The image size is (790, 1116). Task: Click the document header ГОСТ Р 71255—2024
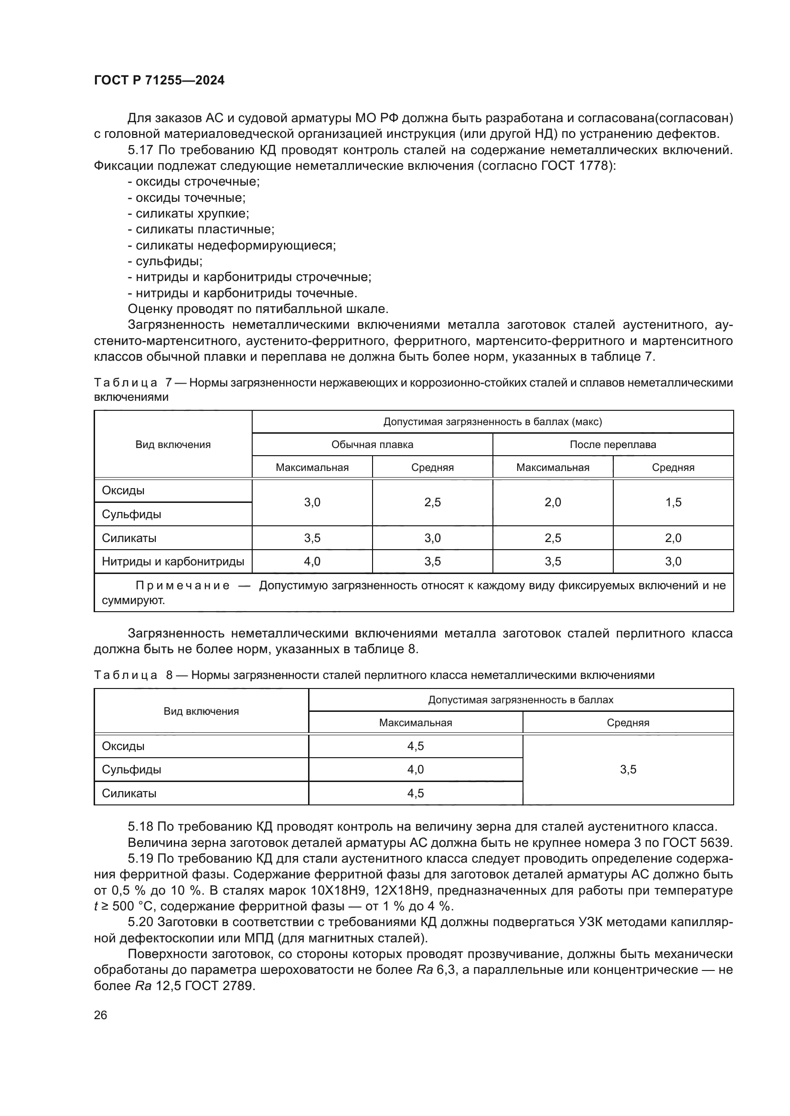coord(159,81)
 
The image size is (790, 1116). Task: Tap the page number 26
coord(100,1015)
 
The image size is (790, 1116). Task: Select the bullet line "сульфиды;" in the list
coord(165,261)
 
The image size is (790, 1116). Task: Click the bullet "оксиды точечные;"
coord(187,198)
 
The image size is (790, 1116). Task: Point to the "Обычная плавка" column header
coord(372,444)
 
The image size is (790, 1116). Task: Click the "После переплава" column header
coord(612,444)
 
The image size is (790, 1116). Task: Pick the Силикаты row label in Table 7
coord(129,538)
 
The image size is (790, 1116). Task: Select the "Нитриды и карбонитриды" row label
coord(173,562)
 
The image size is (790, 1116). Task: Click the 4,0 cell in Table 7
coord(312,562)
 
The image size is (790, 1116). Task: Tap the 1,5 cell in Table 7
coord(673,502)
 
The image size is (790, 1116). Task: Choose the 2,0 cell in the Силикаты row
coord(673,538)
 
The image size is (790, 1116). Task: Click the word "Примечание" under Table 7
coord(182,585)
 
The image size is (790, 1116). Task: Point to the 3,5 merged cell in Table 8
coord(628,770)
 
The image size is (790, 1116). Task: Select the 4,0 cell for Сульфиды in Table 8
coord(416,770)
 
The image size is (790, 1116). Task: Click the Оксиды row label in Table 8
coord(123,746)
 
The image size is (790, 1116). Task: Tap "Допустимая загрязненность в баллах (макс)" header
coord(492,421)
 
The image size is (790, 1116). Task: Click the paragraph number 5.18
coord(140,827)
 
